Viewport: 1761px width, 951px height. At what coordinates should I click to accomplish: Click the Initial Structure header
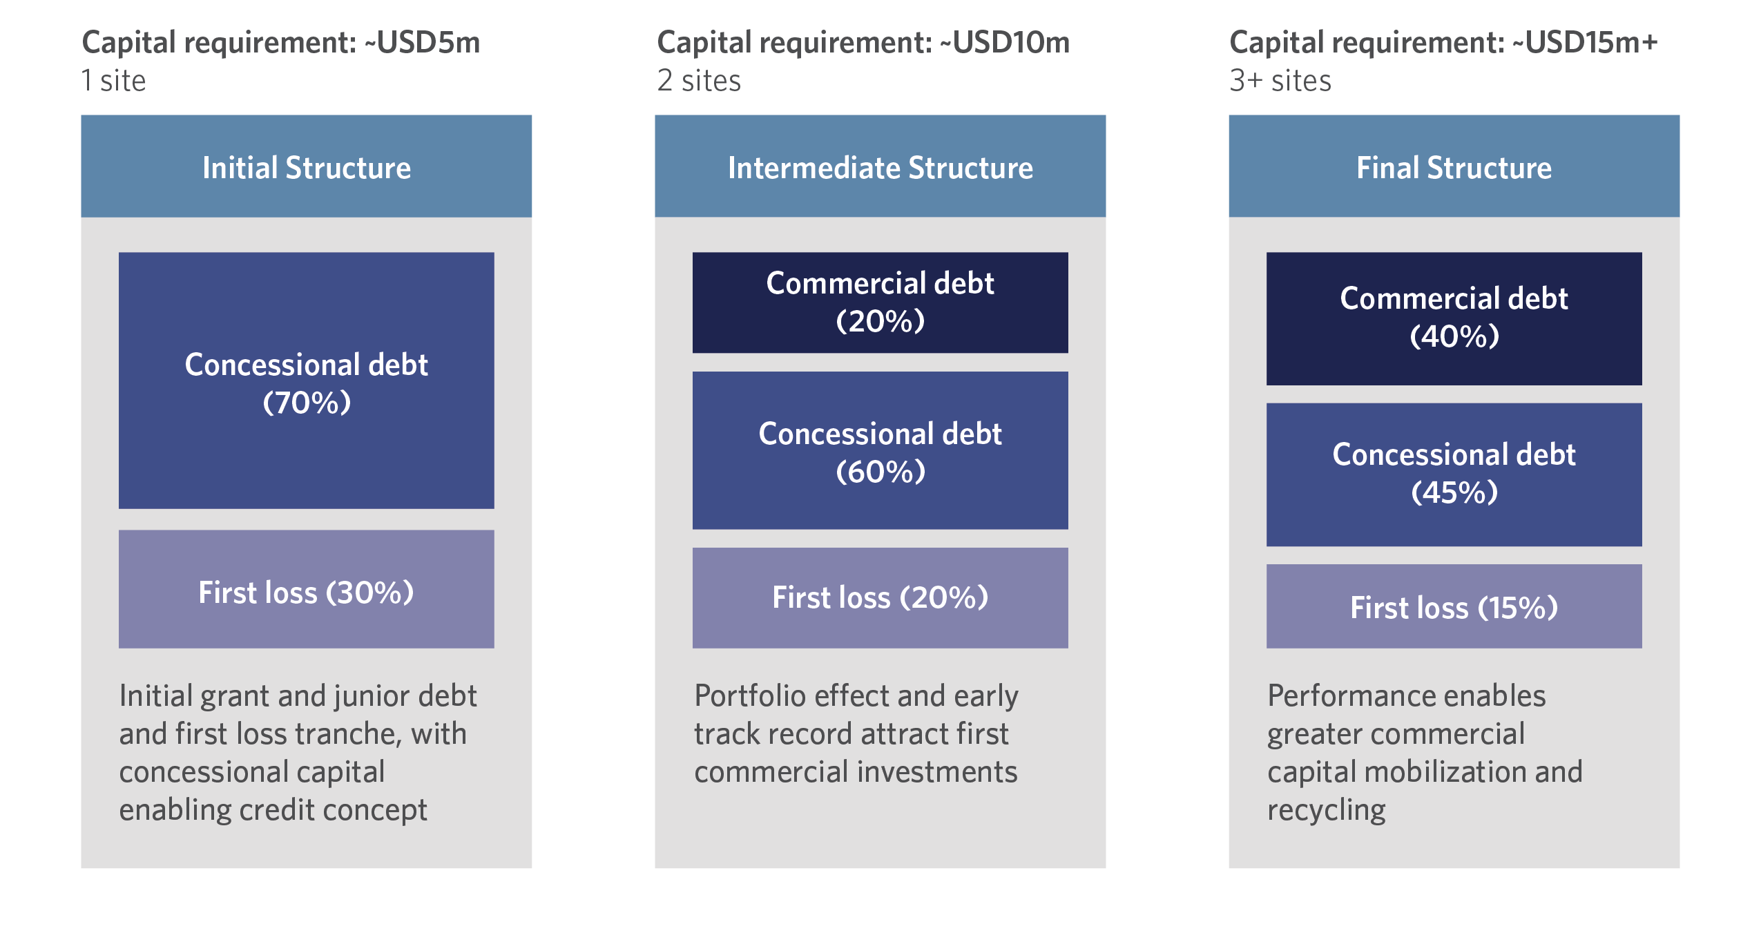click(x=306, y=166)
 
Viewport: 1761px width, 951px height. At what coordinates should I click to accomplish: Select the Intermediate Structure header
click(x=880, y=166)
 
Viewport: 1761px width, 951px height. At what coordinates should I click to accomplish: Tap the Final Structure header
click(x=1454, y=166)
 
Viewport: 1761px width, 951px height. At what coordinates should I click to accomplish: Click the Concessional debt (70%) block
click(x=306, y=381)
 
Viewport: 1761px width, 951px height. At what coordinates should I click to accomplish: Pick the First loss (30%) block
click(x=306, y=589)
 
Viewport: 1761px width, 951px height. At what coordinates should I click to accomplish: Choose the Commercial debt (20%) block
click(x=880, y=302)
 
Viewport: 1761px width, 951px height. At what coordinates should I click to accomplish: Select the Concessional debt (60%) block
click(x=880, y=450)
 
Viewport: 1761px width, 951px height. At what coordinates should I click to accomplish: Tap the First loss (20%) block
click(x=880, y=598)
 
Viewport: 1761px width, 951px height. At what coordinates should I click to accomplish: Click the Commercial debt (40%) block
click(x=1454, y=318)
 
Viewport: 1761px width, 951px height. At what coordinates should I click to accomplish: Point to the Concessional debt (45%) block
click(x=1454, y=474)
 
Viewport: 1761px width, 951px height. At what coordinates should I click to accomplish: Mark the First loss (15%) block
click(x=1454, y=606)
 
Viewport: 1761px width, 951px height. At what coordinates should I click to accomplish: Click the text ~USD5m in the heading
click(x=422, y=43)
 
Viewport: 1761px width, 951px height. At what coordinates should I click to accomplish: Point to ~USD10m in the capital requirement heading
click(x=1005, y=43)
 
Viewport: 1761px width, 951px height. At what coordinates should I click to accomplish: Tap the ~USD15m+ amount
click(x=1585, y=43)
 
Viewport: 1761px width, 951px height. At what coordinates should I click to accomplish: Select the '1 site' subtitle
click(x=114, y=81)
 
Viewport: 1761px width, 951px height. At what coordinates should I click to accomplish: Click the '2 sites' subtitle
click(x=699, y=81)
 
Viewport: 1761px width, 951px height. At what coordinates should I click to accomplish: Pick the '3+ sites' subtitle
click(x=1280, y=81)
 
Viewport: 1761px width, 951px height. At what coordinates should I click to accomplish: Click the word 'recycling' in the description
click(x=1327, y=810)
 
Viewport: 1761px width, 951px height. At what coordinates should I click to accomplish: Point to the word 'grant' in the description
click(x=234, y=697)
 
